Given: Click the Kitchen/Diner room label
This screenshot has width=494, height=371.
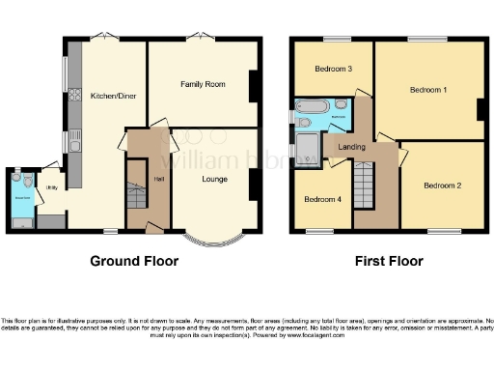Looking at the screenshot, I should point(111,97).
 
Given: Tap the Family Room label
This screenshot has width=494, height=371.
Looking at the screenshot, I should point(203,85).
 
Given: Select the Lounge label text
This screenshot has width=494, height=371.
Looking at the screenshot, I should point(214,179).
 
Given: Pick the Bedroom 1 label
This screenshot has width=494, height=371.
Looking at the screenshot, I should point(428,90).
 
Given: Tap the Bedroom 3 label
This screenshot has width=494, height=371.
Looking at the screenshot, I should point(332,70).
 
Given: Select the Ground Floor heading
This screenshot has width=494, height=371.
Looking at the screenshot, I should point(133,261).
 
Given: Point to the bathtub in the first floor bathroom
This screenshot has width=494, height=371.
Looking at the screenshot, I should point(313,105).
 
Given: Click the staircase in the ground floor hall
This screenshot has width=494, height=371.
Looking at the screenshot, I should point(136,202).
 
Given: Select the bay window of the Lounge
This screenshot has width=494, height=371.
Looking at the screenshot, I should point(212,235).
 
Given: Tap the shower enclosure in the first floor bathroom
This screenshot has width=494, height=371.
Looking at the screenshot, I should point(310,148).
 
